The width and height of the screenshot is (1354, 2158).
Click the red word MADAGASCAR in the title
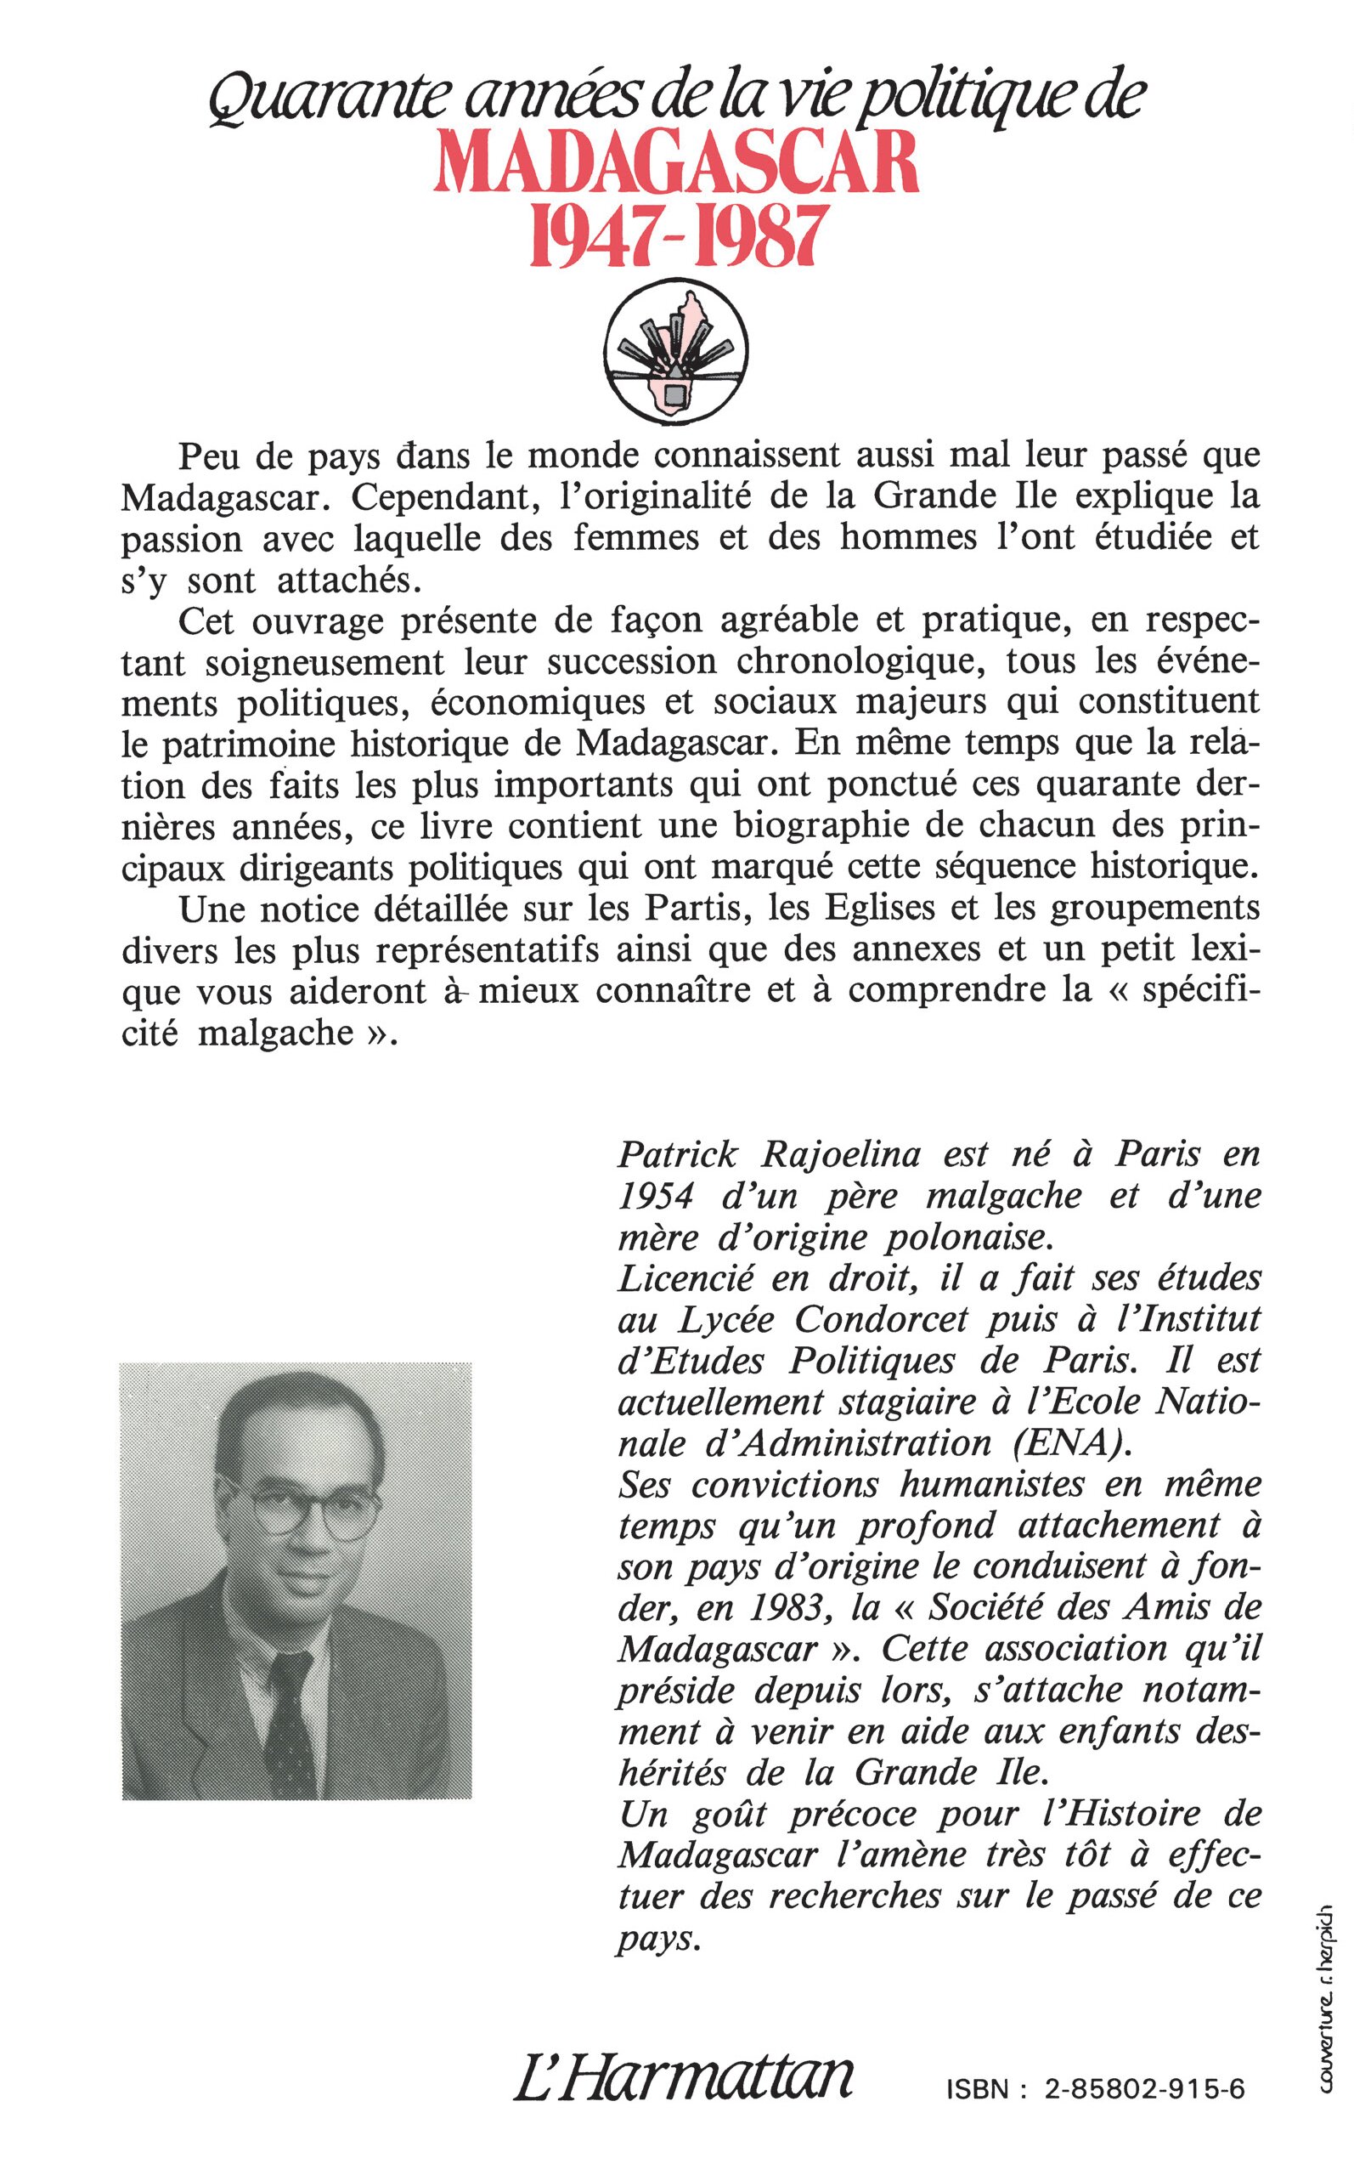pos(676,163)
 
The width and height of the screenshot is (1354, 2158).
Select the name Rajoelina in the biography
pos(840,1155)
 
